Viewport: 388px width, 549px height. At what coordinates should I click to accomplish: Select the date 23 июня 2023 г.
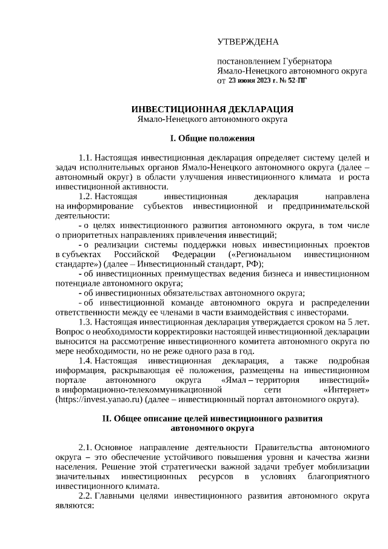(254, 79)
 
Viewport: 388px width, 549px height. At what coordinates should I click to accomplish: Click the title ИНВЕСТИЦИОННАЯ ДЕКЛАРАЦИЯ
(212, 109)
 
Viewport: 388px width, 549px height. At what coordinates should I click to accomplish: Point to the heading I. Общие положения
(212, 138)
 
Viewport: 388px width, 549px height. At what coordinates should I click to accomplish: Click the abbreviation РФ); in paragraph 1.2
(253, 264)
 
